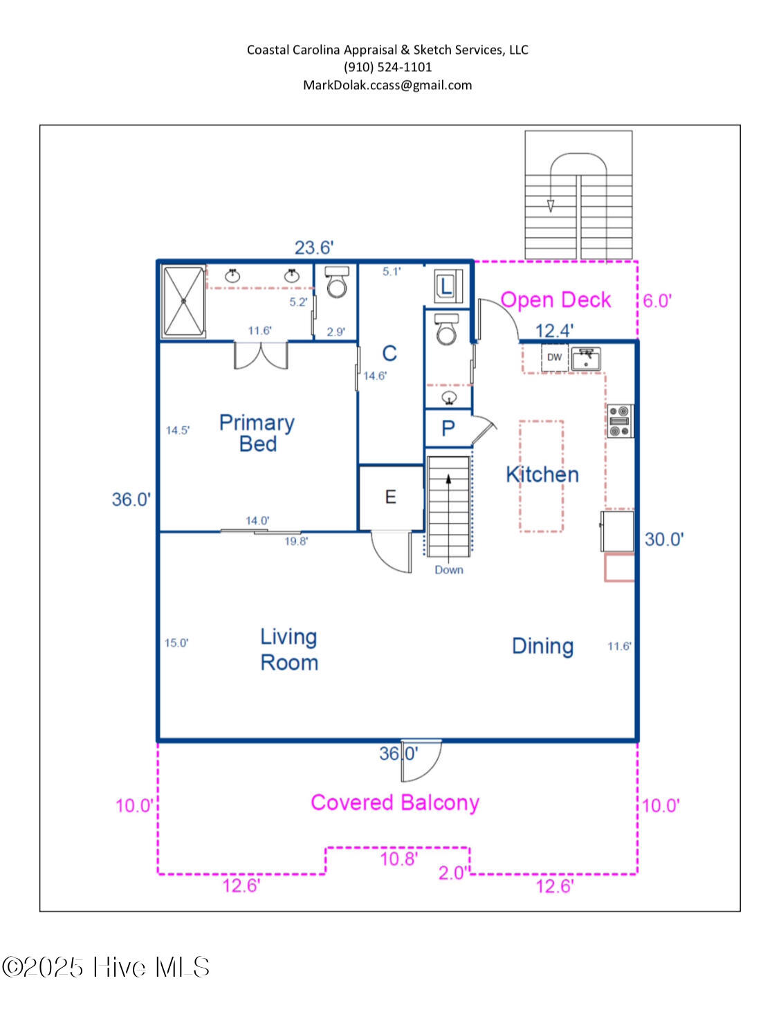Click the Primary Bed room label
[257, 433]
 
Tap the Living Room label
[289, 650]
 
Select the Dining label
[542, 646]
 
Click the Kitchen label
[542, 475]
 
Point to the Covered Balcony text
[394, 802]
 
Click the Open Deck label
[555, 300]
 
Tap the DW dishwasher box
[554, 358]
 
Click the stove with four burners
[620, 421]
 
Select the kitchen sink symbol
[586, 358]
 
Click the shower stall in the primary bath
[183, 302]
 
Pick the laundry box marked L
[446, 286]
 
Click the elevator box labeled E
[391, 497]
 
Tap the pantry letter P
[448, 428]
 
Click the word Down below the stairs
[449, 570]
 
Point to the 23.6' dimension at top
[314, 248]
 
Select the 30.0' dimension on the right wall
[664, 539]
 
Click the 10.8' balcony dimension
[398, 859]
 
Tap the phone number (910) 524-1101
[387, 67]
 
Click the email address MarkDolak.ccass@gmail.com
[387, 85]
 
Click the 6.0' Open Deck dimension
[657, 301]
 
